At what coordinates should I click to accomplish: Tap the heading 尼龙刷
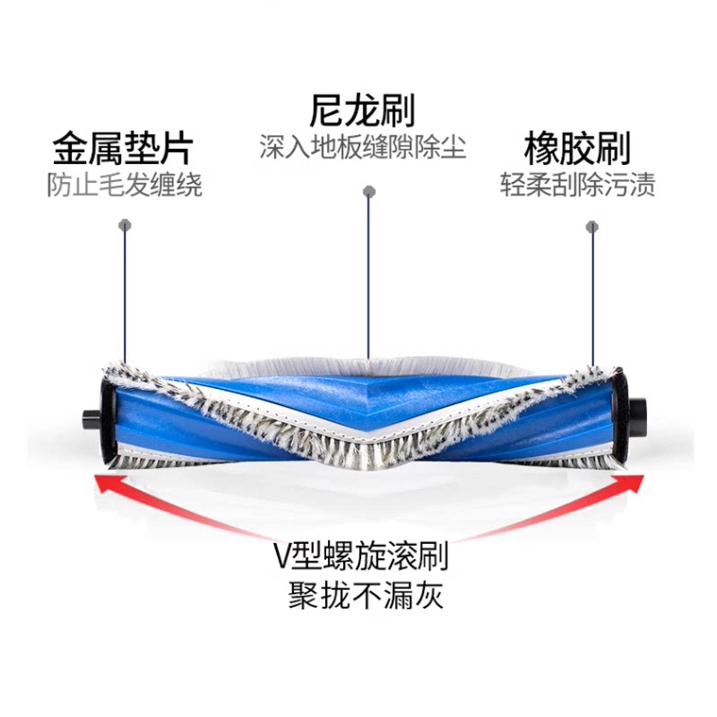(362, 111)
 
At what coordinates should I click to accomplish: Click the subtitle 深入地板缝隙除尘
(362, 147)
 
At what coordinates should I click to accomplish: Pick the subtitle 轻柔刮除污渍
(578, 186)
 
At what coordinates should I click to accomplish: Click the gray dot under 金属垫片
(124, 226)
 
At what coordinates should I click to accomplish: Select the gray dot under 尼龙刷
(367, 191)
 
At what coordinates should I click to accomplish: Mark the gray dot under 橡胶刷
(591, 226)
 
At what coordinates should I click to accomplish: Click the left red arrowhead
(106, 485)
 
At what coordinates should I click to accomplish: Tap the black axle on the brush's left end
(89, 419)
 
